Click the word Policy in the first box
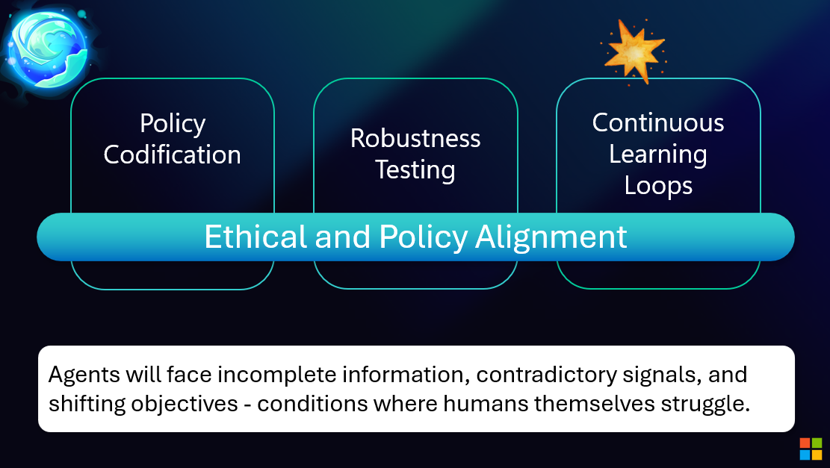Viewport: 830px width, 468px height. pos(173,123)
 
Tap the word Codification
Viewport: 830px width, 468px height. pos(173,155)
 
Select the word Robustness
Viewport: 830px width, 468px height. pos(415,138)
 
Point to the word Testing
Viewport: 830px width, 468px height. pos(415,170)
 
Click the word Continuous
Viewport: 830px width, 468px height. pos(658,122)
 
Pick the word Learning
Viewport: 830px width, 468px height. pos(658,154)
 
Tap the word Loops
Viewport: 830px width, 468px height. pos(658,185)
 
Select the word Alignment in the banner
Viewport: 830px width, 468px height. pos(551,237)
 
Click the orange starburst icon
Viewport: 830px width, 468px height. pos(634,51)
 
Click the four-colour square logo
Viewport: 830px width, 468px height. pos(811,449)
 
